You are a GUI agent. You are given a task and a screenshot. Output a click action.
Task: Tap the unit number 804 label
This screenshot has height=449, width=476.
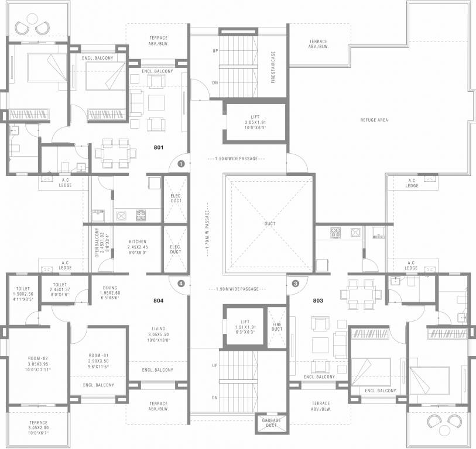click(158, 301)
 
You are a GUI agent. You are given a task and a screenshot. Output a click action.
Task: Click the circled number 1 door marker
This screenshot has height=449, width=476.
click(182, 164)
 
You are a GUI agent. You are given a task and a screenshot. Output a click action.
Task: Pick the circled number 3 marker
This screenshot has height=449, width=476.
click(295, 284)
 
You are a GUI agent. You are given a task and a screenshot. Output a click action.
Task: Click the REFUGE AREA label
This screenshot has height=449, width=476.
click(374, 120)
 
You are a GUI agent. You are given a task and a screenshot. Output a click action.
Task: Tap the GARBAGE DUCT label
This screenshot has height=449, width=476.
click(271, 423)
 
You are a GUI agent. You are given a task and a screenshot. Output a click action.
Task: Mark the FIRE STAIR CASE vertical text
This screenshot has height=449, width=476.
click(273, 67)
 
